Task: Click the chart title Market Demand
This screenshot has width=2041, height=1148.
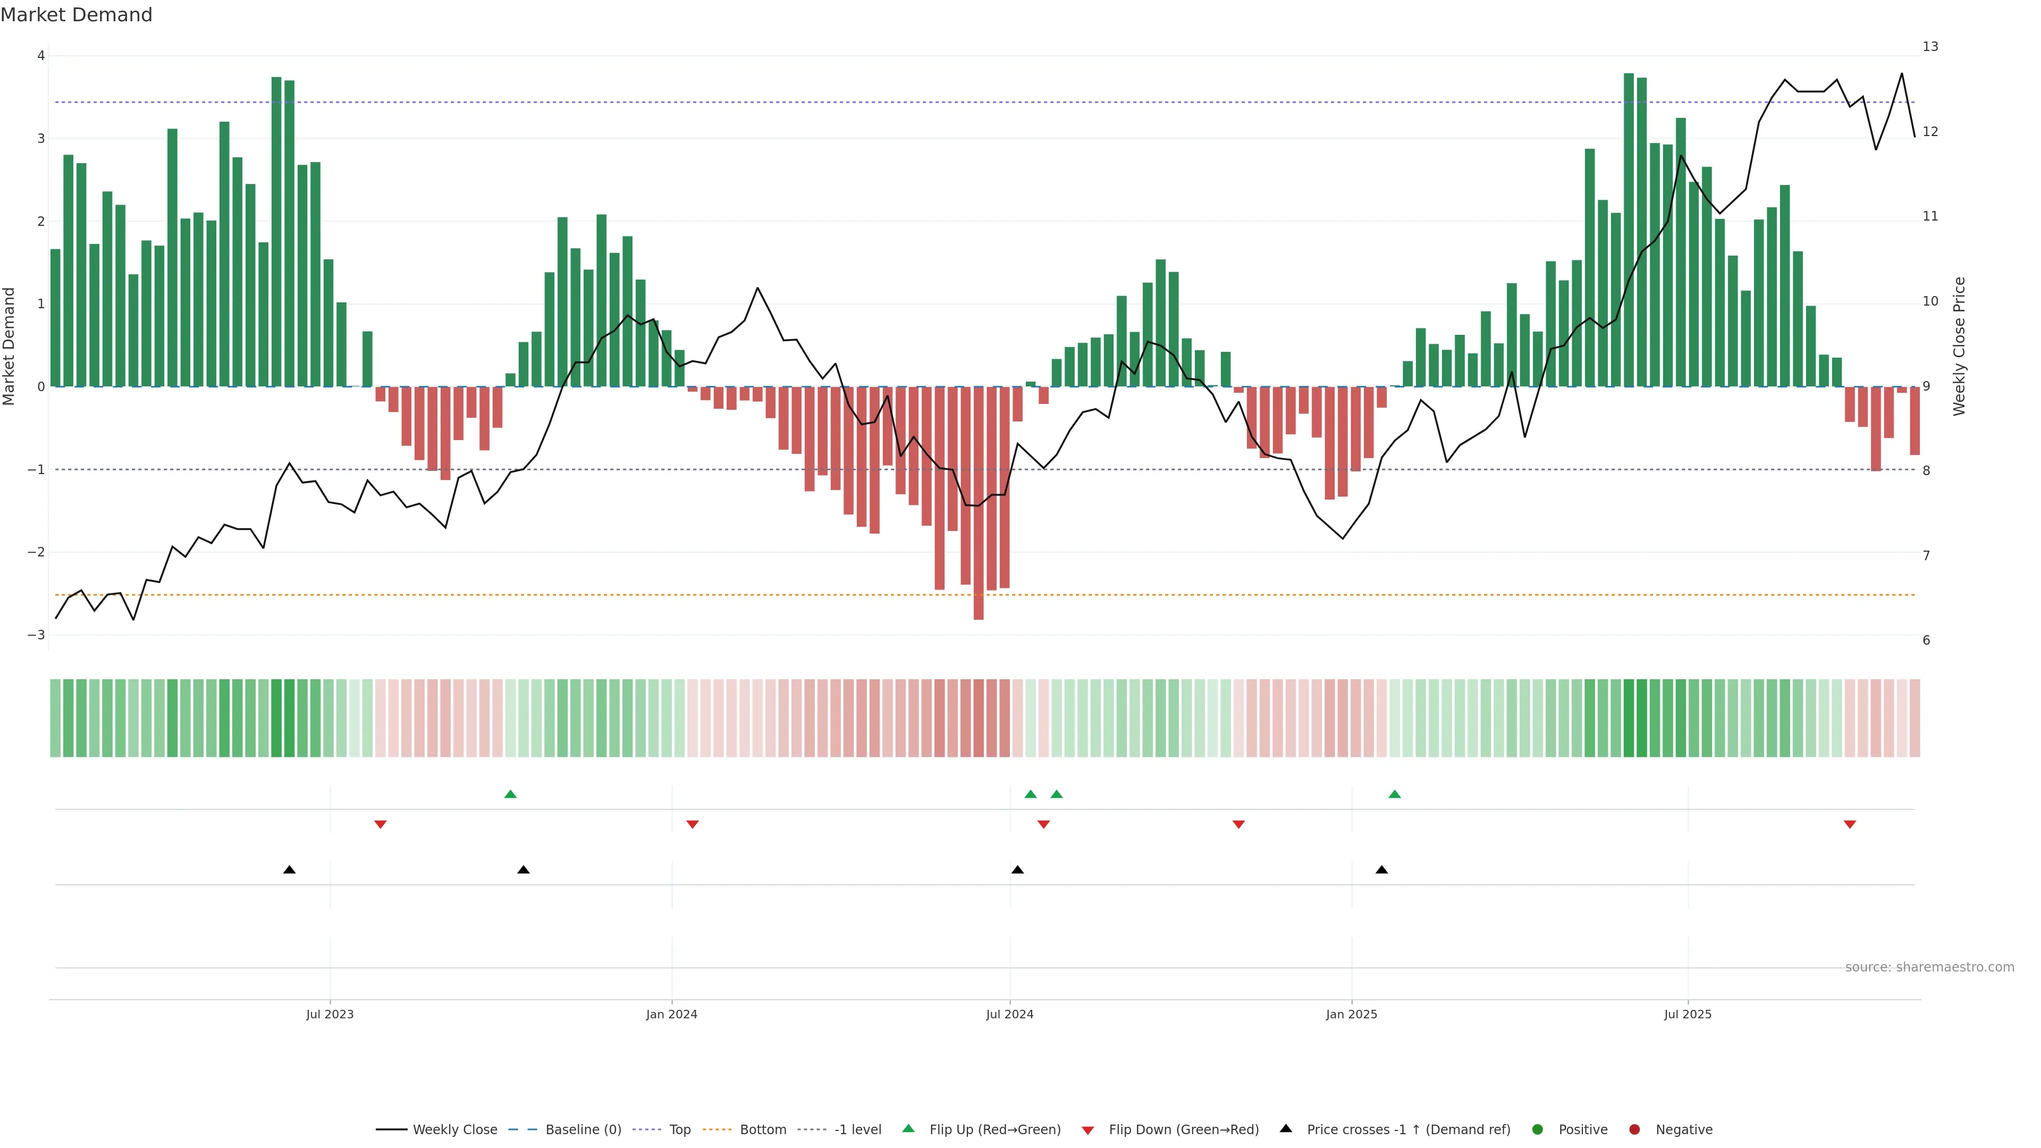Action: (x=76, y=15)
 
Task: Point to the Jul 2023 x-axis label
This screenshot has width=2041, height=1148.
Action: (x=330, y=1014)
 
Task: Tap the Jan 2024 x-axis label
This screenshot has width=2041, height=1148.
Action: (x=671, y=1014)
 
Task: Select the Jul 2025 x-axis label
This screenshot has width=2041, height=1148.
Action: (x=1688, y=1014)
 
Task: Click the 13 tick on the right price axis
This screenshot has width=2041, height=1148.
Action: (x=1930, y=47)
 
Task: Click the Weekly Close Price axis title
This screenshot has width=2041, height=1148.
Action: (x=1959, y=346)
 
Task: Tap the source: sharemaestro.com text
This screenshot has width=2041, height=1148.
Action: (x=1929, y=967)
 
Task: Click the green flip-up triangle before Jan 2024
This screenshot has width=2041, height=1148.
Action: (x=510, y=795)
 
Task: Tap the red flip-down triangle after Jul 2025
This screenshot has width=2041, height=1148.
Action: (x=1850, y=825)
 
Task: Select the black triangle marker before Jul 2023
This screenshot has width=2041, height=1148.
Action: (x=289, y=870)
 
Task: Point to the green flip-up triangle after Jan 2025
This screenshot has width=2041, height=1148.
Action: (x=1395, y=795)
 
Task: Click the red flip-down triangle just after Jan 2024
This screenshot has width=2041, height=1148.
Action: (x=693, y=825)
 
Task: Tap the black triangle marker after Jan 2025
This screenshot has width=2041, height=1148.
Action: (x=1382, y=870)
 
